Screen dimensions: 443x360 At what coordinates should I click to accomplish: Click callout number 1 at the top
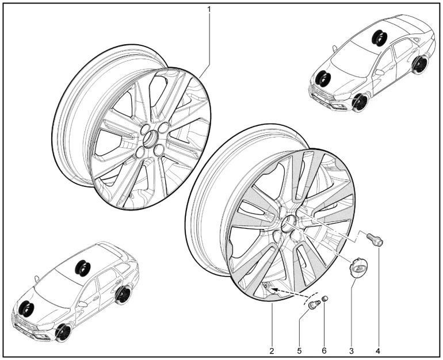tap(209, 10)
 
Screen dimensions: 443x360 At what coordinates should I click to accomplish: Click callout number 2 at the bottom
tap(272, 351)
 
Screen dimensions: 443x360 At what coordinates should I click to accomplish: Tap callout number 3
tap(352, 351)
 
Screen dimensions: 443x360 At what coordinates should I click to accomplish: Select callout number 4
tap(378, 351)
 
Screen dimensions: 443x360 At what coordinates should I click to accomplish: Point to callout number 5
tap(299, 351)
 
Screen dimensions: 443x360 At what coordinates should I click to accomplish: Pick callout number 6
tap(324, 351)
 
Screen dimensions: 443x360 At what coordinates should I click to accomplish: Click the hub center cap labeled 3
tap(356, 266)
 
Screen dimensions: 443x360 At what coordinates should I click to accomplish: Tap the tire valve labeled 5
tap(314, 305)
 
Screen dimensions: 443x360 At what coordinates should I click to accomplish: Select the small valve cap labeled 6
tap(325, 298)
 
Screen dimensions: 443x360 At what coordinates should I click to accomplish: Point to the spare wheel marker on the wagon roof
tap(82, 266)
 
